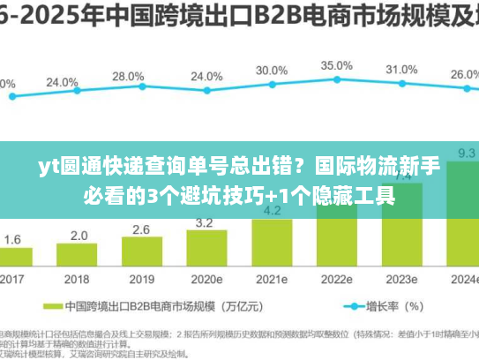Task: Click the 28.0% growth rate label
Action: click(128, 77)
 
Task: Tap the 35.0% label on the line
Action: click(336, 65)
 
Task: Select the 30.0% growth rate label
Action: click(271, 71)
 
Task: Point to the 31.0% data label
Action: click(401, 70)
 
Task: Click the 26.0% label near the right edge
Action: click(464, 75)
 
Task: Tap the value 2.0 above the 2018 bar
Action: click(79, 236)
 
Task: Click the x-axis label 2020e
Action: click(206, 279)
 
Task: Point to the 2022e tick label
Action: click(336, 279)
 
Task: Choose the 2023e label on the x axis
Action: click(401, 279)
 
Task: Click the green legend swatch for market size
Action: click(51, 308)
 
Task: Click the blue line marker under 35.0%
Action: click(336, 82)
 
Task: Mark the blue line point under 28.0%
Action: click(128, 94)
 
